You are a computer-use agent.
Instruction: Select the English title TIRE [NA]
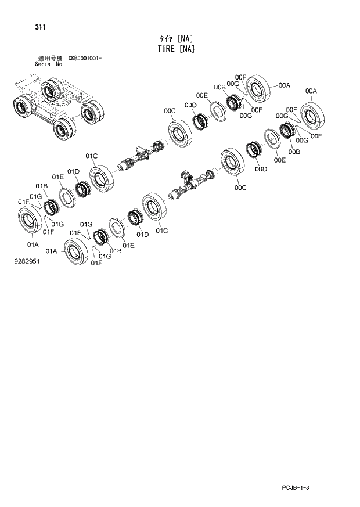[x=175, y=49]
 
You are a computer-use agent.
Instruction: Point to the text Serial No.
[x=50, y=64]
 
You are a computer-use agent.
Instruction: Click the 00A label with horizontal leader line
[x=284, y=85]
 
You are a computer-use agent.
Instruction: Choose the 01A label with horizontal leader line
[x=51, y=251]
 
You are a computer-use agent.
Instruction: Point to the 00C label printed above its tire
[x=170, y=110]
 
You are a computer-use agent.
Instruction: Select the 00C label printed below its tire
[x=240, y=188]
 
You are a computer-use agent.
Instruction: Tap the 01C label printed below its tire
[x=161, y=231]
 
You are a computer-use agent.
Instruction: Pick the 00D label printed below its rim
[x=261, y=169]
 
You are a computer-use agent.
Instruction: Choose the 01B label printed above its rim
[x=41, y=186]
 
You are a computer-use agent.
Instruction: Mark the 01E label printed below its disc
[x=128, y=246]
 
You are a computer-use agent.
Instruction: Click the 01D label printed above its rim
[x=73, y=171]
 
